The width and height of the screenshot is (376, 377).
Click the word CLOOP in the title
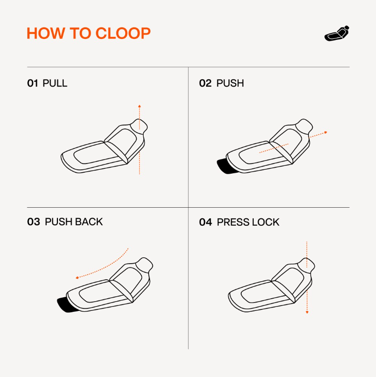click(123, 33)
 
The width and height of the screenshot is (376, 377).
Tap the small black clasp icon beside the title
click(337, 34)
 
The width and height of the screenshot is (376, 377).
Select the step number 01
click(33, 83)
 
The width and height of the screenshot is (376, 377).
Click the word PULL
click(55, 83)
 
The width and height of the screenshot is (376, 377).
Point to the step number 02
click(206, 83)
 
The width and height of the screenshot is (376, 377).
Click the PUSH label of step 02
click(230, 83)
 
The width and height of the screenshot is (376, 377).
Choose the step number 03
click(34, 222)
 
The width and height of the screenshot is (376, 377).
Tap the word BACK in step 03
click(89, 222)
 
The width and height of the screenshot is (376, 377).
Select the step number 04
click(206, 222)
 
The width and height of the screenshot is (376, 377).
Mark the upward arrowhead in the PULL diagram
click(139, 106)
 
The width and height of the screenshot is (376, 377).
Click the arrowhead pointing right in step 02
click(326, 132)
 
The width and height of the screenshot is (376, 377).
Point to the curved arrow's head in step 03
click(77, 278)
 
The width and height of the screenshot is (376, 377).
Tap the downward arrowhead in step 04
click(307, 312)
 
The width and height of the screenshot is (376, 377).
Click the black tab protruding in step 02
click(226, 166)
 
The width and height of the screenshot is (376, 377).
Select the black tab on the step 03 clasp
click(67, 305)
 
